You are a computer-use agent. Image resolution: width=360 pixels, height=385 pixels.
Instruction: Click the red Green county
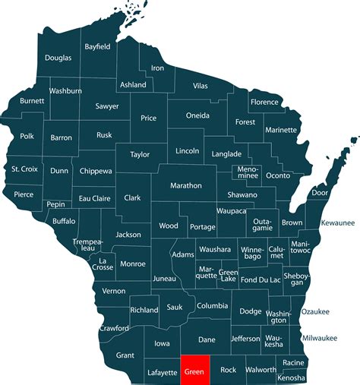(194, 371)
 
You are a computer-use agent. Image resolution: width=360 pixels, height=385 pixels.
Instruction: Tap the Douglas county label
(58, 58)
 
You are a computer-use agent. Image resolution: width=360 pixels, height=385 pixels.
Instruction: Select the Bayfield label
(97, 46)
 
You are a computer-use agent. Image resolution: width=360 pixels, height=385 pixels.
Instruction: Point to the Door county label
(320, 193)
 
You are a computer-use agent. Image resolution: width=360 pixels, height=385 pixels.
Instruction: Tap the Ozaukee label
(315, 311)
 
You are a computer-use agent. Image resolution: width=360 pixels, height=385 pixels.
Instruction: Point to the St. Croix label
(24, 169)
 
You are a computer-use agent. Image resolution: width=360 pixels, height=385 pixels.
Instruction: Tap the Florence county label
(265, 102)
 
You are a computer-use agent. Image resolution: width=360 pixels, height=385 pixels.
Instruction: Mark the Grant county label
(125, 355)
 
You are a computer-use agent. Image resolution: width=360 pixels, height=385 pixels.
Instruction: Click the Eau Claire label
(96, 199)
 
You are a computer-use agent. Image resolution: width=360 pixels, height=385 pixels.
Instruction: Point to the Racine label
(292, 363)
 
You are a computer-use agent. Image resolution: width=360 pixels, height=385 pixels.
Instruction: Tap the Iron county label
(157, 68)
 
